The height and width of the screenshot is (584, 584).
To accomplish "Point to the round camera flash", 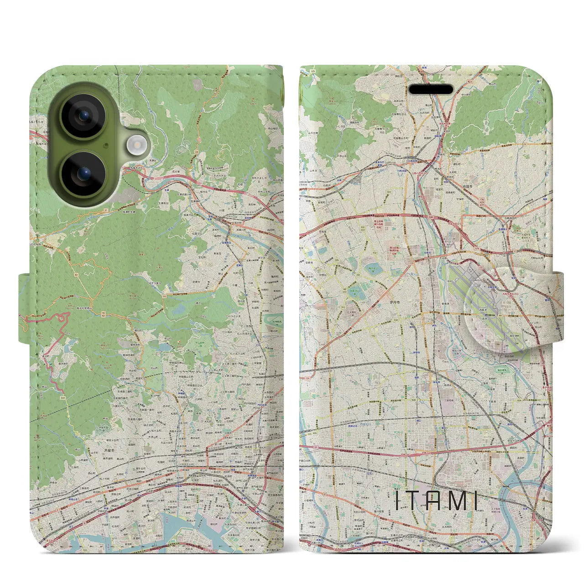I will point(136,146).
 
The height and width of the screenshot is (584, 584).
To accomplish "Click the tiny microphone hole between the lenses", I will point(106,146).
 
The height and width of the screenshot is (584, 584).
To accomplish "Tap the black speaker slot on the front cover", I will point(431,89).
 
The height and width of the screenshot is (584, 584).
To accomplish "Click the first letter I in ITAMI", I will point(397,501).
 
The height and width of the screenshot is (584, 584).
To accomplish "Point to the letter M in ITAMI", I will point(457,501).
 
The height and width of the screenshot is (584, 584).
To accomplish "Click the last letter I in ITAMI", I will point(476,501).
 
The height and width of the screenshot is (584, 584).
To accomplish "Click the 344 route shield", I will point(61,398).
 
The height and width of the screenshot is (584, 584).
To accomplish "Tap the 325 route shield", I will point(313,71).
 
